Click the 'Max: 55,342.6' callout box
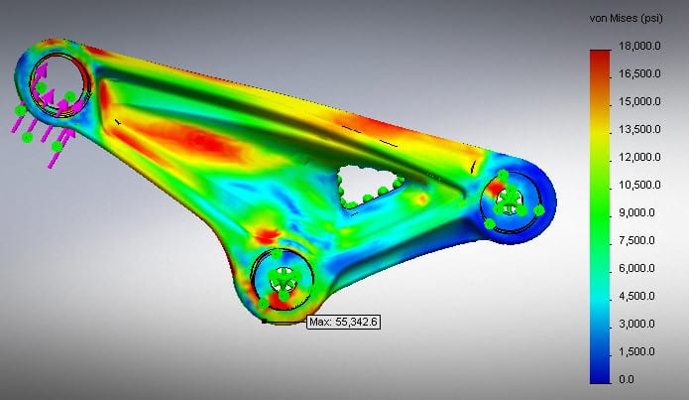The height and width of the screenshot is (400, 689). [344, 323]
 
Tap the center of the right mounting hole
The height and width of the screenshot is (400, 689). [509, 199]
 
